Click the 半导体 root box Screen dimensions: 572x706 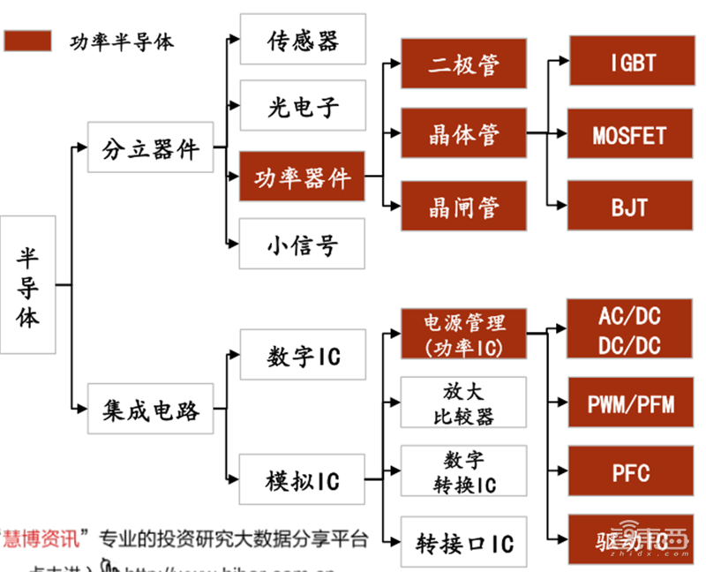click(28, 286)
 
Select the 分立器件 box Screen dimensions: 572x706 click(150, 147)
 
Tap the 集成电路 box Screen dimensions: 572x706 click(150, 410)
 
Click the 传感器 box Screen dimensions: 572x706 click(303, 41)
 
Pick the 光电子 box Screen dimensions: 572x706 click(303, 108)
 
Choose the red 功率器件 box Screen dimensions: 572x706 click(303, 177)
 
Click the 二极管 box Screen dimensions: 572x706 click(464, 64)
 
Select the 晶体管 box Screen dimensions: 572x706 click(464, 134)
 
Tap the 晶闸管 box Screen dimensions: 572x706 click(464, 207)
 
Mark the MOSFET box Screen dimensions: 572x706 click(630, 135)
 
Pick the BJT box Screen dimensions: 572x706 click(630, 207)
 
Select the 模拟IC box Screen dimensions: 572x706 click(303, 481)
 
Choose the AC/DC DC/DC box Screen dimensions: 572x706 click(630, 331)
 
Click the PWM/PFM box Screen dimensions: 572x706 click(630, 403)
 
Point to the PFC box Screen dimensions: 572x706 click(630, 472)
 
